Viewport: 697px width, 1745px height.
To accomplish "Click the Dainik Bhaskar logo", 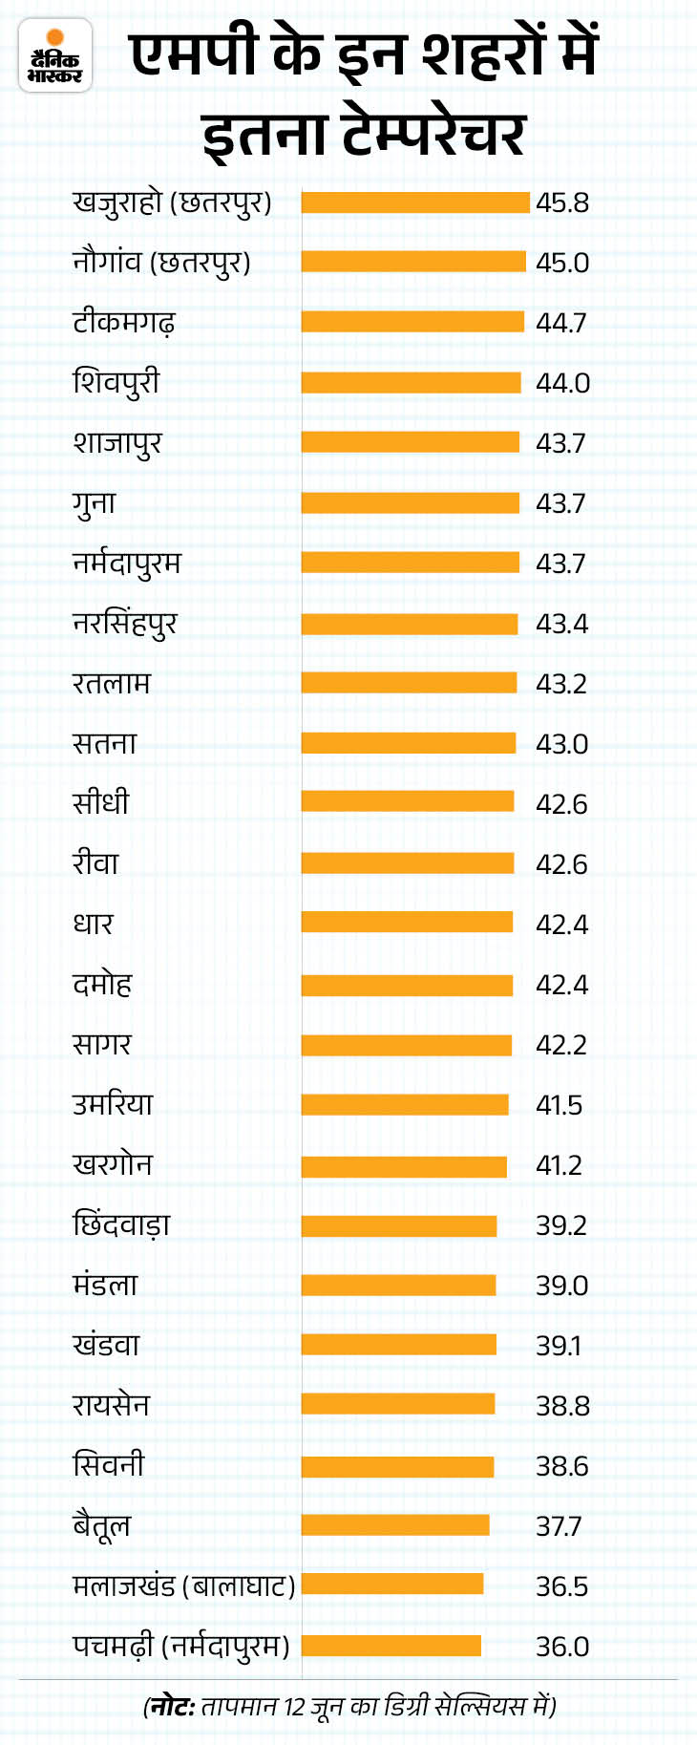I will tap(55, 56).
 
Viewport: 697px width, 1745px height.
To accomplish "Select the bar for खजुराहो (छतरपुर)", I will tap(415, 202).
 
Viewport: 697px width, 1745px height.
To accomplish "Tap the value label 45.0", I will tap(562, 263).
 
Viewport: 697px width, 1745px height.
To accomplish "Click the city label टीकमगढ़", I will tap(124, 323).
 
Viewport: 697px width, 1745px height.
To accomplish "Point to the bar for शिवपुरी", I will tap(411, 383).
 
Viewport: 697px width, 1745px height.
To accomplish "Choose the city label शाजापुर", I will tap(117, 443).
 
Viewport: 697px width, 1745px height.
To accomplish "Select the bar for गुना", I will tap(411, 503).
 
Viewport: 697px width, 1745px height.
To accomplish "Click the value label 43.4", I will tap(561, 624).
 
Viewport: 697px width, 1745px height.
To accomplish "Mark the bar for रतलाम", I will tap(409, 684).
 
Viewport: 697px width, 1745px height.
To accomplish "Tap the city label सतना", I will tap(105, 744).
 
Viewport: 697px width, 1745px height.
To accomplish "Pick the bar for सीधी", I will tap(408, 804).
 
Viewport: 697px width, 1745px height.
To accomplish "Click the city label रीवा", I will tap(95, 864).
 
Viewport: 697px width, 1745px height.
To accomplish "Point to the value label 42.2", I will tap(561, 1045).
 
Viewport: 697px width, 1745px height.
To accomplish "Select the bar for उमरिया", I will tap(405, 1105).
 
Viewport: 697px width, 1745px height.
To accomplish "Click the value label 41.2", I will tap(559, 1165).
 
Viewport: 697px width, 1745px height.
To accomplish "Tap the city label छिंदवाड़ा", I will tap(121, 1225).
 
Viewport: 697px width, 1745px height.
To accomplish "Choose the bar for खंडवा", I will tap(399, 1346).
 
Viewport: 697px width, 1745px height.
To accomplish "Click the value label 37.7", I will tap(559, 1526).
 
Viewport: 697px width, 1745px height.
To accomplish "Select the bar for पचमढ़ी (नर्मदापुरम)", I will tap(391, 1647).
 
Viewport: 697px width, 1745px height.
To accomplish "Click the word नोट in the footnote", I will tap(172, 1705).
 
